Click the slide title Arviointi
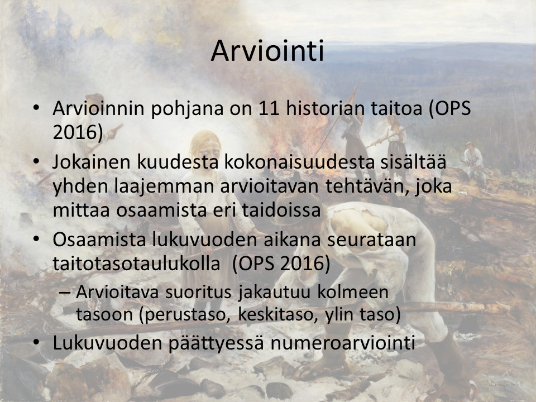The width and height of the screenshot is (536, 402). tap(267, 51)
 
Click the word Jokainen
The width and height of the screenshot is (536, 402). tap(92, 162)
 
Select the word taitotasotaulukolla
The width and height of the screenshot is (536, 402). tap(136, 264)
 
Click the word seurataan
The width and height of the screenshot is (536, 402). tap(372, 240)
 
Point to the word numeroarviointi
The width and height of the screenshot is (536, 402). tap(343, 342)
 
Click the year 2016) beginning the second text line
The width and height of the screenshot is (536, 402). tap(78, 133)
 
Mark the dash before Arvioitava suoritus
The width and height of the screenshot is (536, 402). tap(64, 293)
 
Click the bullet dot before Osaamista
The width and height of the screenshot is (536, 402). tap(36, 239)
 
